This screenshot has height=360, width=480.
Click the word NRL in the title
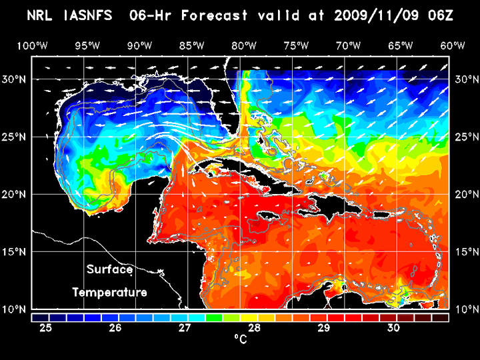coord(41,14)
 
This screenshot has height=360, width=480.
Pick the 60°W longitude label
coord(453,45)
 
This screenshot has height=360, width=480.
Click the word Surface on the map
coord(110,270)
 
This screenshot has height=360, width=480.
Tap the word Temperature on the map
coord(110,292)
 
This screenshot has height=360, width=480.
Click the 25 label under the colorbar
coord(45,328)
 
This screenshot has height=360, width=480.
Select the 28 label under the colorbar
coord(253,328)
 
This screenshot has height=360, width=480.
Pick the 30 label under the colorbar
coord(393,328)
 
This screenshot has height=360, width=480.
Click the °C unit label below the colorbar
coord(240,340)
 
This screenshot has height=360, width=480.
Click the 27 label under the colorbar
coord(184,328)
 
